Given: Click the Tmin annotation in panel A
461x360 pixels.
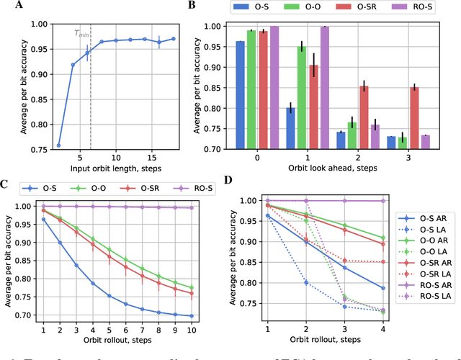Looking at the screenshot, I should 82,33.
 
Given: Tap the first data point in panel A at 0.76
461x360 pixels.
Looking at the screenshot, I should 58,145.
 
